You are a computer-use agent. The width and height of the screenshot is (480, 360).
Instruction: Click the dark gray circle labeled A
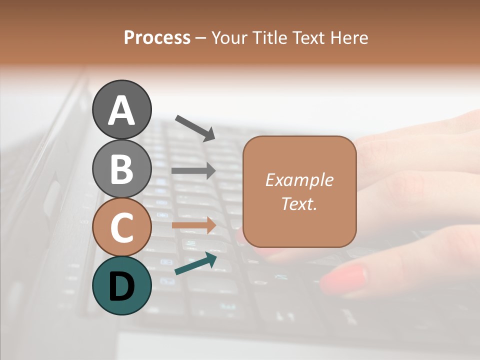(x=121, y=109)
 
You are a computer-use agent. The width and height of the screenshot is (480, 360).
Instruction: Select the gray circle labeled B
(x=121, y=168)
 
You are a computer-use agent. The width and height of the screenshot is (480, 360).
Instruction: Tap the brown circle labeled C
(x=121, y=227)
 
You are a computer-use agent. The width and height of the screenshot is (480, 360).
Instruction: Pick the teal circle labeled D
(x=121, y=285)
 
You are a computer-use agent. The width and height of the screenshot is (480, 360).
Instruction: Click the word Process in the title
(x=157, y=37)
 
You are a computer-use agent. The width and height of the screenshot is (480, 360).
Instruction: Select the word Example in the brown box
(x=299, y=180)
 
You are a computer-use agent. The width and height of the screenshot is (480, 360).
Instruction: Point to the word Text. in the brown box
(x=299, y=203)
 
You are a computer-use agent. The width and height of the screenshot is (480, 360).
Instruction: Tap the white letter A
(x=121, y=110)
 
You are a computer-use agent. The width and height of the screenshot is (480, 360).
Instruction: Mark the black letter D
(x=121, y=286)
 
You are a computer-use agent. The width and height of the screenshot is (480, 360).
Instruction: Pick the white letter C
(x=121, y=227)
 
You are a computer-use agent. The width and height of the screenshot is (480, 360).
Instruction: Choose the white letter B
(x=121, y=169)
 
